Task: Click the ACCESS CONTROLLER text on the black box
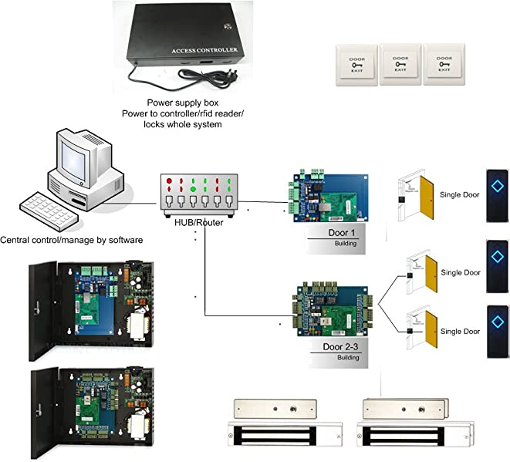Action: click(x=199, y=52)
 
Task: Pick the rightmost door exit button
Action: click(x=442, y=64)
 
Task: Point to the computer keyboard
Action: click(x=52, y=209)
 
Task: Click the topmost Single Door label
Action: click(x=460, y=194)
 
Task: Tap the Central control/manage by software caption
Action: click(x=72, y=241)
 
